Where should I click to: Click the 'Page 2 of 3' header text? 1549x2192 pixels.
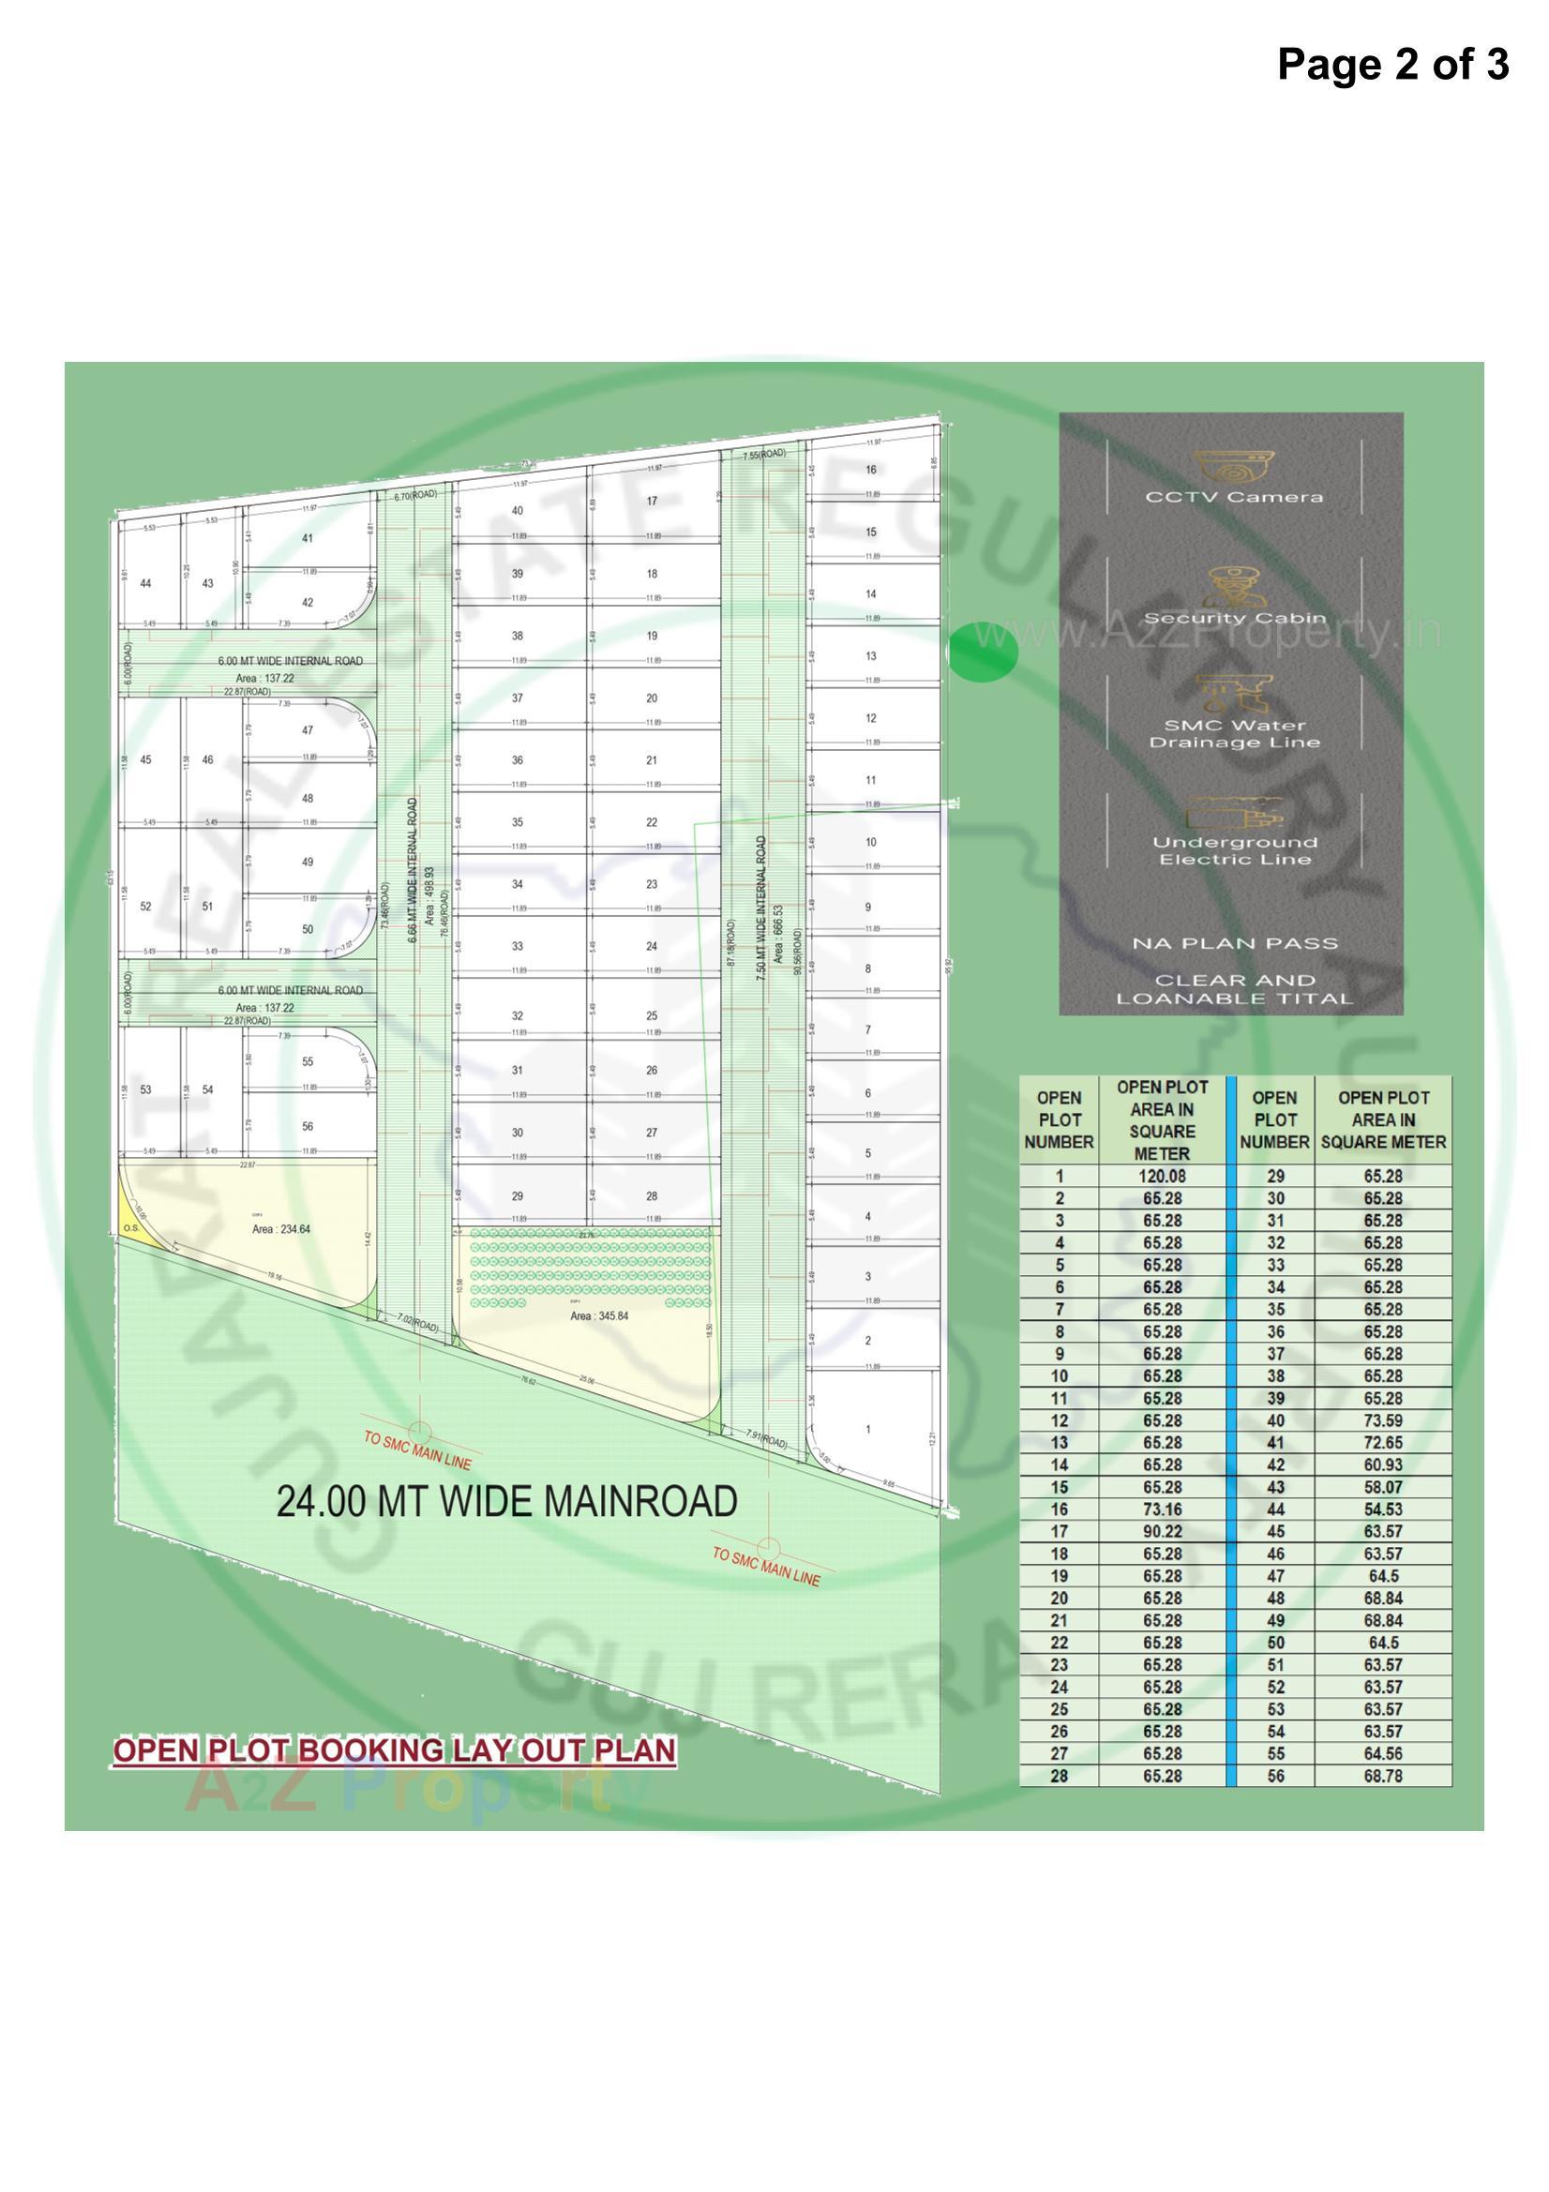(1392, 64)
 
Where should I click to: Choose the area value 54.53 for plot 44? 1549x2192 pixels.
(1382, 1510)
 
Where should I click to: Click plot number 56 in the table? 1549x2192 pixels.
(1275, 1777)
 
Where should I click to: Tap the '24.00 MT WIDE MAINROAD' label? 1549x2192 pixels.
(506, 1502)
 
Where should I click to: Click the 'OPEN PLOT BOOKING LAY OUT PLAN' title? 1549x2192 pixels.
(395, 1751)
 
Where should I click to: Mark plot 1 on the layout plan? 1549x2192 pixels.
(868, 1429)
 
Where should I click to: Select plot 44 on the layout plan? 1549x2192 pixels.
(145, 583)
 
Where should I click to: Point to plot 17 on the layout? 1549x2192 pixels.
(652, 502)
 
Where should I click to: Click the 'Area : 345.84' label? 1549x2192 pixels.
(599, 1315)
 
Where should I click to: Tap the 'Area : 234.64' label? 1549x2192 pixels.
(280, 1229)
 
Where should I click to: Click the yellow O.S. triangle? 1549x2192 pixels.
(128, 1225)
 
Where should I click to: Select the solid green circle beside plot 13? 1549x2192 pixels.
(984, 651)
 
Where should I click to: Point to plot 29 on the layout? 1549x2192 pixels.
(517, 1196)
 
